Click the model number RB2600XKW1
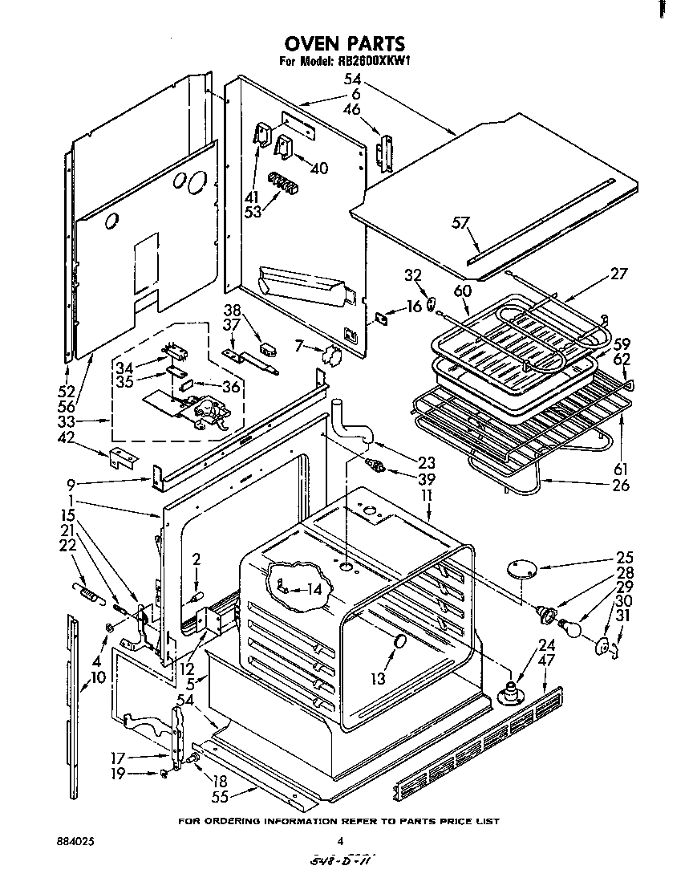(x=370, y=62)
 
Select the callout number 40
(x=319, y=169)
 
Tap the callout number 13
(x=378, y=679)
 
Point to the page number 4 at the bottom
(x=340, y=842)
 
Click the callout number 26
(x=620, y=485)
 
